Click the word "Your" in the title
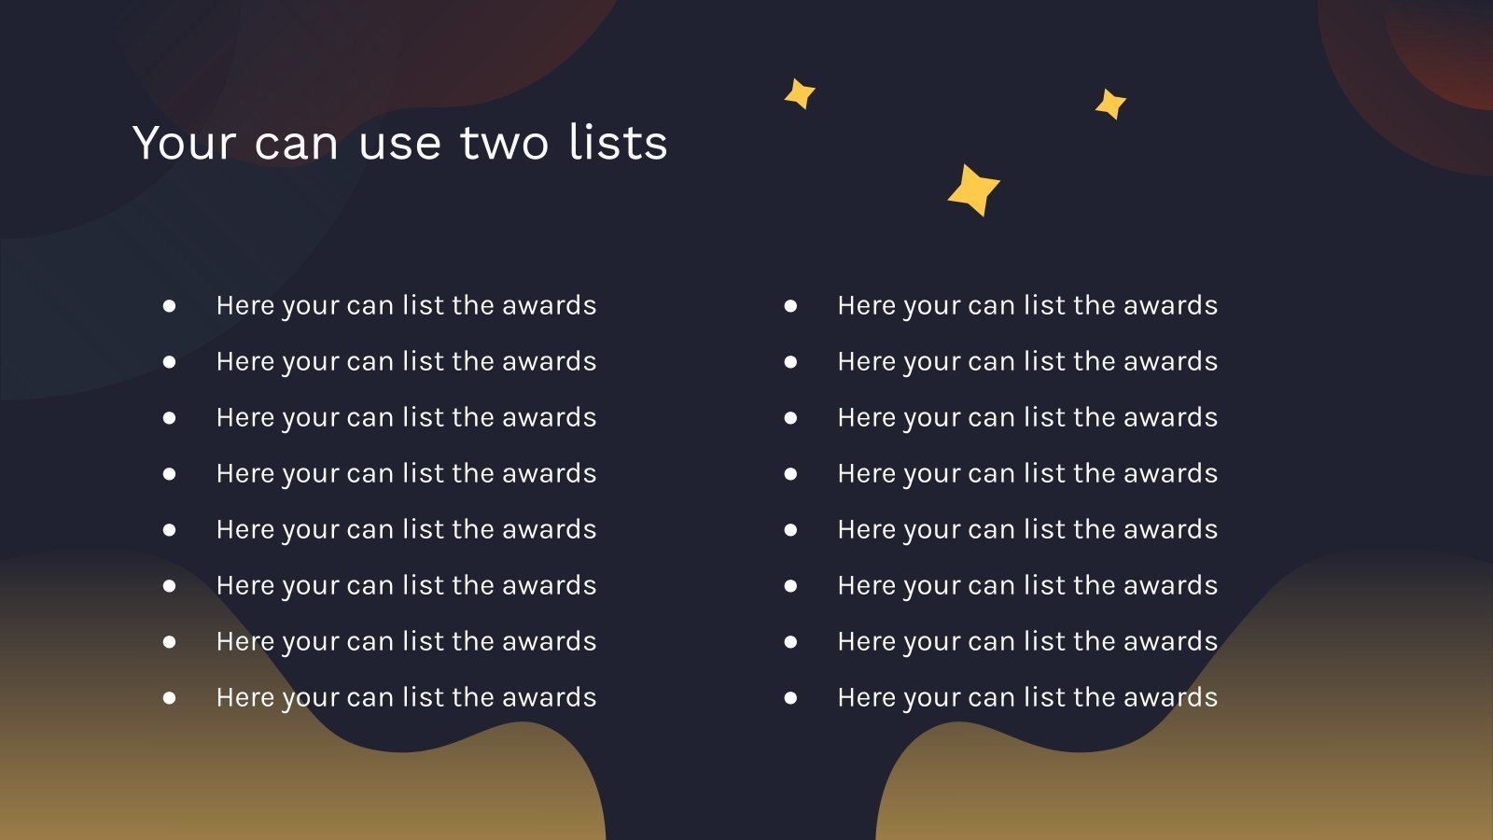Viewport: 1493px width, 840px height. pyautogui.click(x=185, y=144)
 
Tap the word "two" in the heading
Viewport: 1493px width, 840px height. pyautogui.click(x=504, y=144)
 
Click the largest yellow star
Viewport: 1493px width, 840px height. pyautogui.click(x=973, y=189)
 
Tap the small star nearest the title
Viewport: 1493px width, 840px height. pyautogui.click(x=800, y=93)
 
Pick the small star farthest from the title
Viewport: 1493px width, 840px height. pyautogui.click(x=1110, y=104)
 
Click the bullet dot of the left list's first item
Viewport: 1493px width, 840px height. pyautogui.click(x=169, y=305)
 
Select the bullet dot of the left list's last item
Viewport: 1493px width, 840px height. pyautogui.click(x=169, y=697)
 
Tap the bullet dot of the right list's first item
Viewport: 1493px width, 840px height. pyautogui.click(x=790, y=305)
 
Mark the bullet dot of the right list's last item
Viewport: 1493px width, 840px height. pyautogui.click(x=790, y=697)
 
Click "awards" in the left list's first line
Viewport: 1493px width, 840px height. pyautogui.click(x=549, y=306)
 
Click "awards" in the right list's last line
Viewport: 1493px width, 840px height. pyautogui.click(x=1170, y=698)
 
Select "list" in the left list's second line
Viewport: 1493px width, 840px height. pyautogui.click(x=423, y=362)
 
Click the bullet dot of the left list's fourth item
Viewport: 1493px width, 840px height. pyautogui.click(x=169, y=473)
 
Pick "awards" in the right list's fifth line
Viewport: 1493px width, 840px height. pyautogui.click(x=1170, y=530)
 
